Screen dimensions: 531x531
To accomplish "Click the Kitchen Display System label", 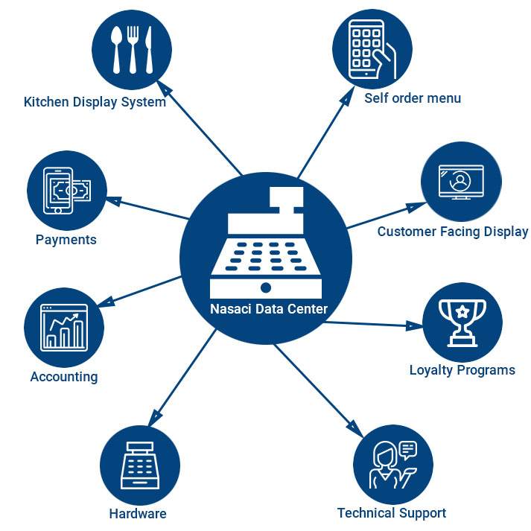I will point(95,102).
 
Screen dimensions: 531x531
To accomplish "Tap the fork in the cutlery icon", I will point(132,50).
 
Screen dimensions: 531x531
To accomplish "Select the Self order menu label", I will point(413,98).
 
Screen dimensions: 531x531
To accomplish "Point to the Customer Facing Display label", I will point(452,232).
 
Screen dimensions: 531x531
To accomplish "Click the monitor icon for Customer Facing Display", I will point(460,182).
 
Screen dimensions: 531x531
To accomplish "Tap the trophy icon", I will point(462,322).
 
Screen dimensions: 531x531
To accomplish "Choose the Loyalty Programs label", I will point(462,370).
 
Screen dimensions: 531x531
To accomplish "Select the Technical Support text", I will point(391,513).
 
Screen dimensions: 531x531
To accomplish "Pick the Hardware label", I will point(138,514).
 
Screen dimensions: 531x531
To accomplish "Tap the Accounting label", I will point(64,377).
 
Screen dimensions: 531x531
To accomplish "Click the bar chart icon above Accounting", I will point(64,328).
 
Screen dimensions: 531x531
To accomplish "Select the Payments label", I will point(66,240).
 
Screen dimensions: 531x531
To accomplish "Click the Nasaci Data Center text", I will point(269,309).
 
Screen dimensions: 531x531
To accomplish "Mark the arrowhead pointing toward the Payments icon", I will point(114,200).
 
